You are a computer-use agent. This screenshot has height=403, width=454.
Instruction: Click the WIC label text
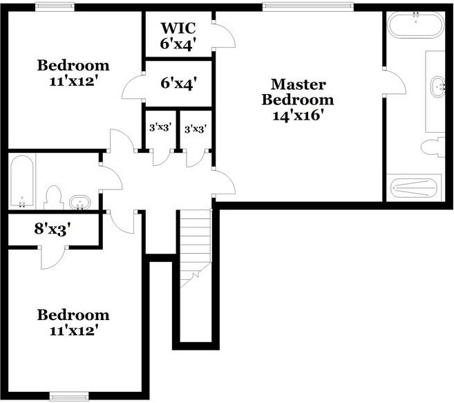178,28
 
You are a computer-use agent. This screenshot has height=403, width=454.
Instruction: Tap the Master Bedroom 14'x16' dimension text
298,115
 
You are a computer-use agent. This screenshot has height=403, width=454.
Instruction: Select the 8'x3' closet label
53,229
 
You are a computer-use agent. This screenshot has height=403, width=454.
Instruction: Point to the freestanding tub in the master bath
415,25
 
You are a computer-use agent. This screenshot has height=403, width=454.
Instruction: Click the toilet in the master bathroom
433,148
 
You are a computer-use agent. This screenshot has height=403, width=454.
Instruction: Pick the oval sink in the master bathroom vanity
437,87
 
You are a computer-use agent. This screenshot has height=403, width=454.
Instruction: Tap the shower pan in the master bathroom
414,188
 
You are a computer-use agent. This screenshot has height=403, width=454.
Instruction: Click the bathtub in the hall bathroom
22,181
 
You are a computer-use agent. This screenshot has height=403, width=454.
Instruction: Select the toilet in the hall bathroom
54,198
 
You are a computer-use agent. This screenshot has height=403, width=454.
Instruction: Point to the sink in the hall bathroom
80,203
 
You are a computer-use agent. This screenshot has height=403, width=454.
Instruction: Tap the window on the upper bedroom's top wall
55,7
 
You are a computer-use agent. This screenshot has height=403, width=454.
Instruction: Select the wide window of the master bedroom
308,7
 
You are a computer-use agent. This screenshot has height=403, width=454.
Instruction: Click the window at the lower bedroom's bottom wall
69,396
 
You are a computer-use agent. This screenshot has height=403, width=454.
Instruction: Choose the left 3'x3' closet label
160,127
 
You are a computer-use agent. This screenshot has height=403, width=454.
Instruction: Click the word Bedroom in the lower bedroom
73,315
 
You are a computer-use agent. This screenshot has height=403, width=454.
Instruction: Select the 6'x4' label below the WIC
179,84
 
